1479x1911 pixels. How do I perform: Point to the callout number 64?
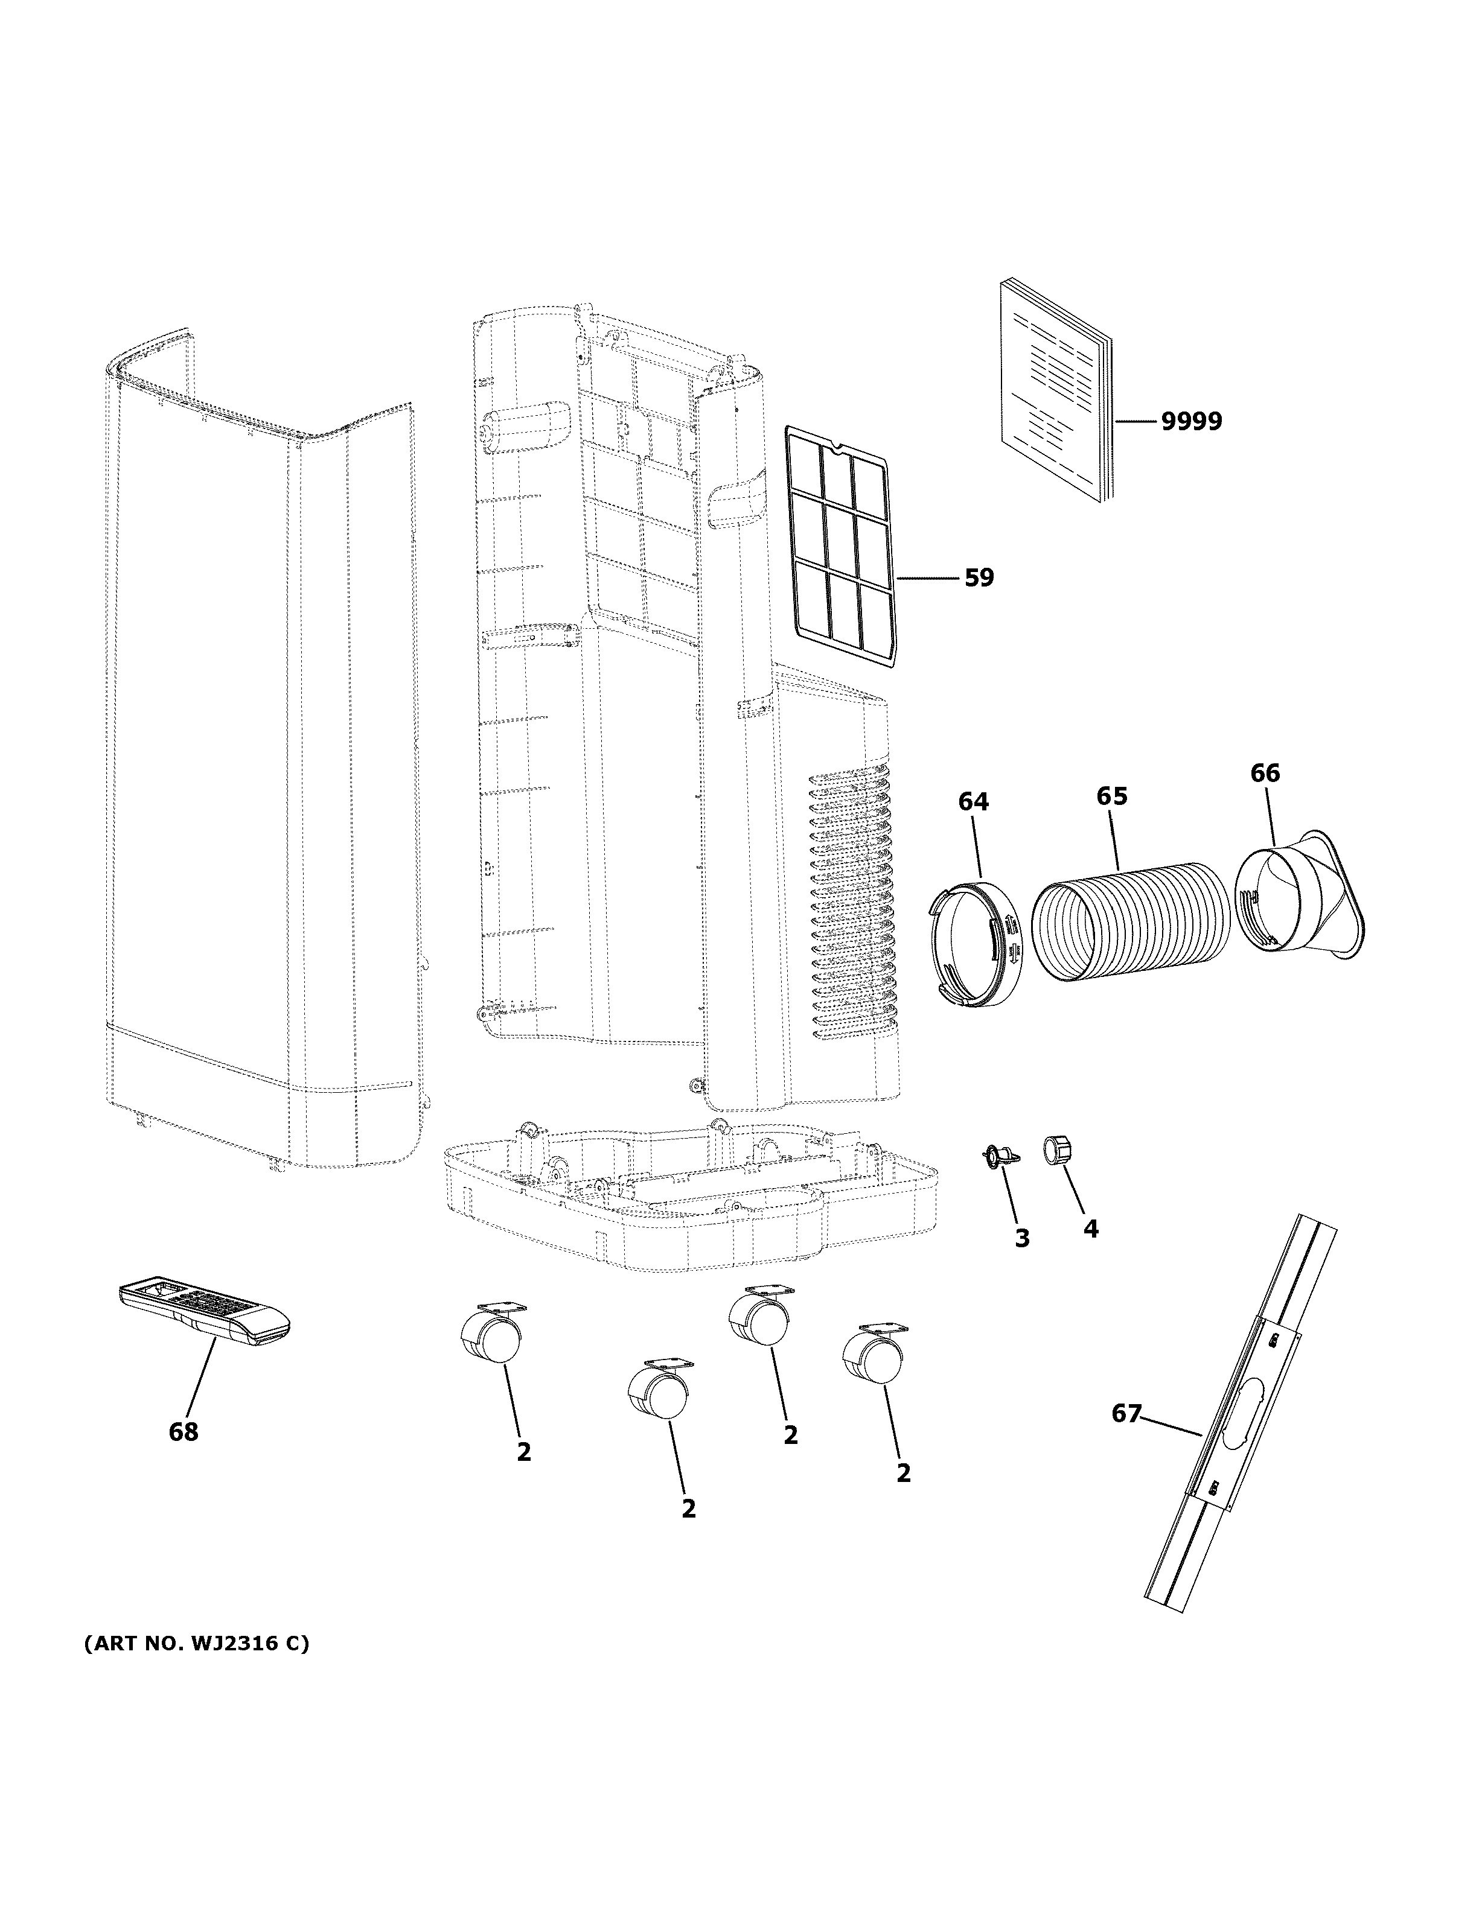[x=973, y=801]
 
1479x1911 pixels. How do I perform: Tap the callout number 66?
[x=1265, y=774]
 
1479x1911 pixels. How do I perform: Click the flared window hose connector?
[x=1304, y=897]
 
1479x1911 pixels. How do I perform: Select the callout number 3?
[x=1021, y=1238]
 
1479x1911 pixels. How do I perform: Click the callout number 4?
[x=1090, y=1229]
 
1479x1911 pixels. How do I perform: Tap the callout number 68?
[x=184, y=1432]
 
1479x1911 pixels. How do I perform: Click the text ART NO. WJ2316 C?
[x=197, y=1643]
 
